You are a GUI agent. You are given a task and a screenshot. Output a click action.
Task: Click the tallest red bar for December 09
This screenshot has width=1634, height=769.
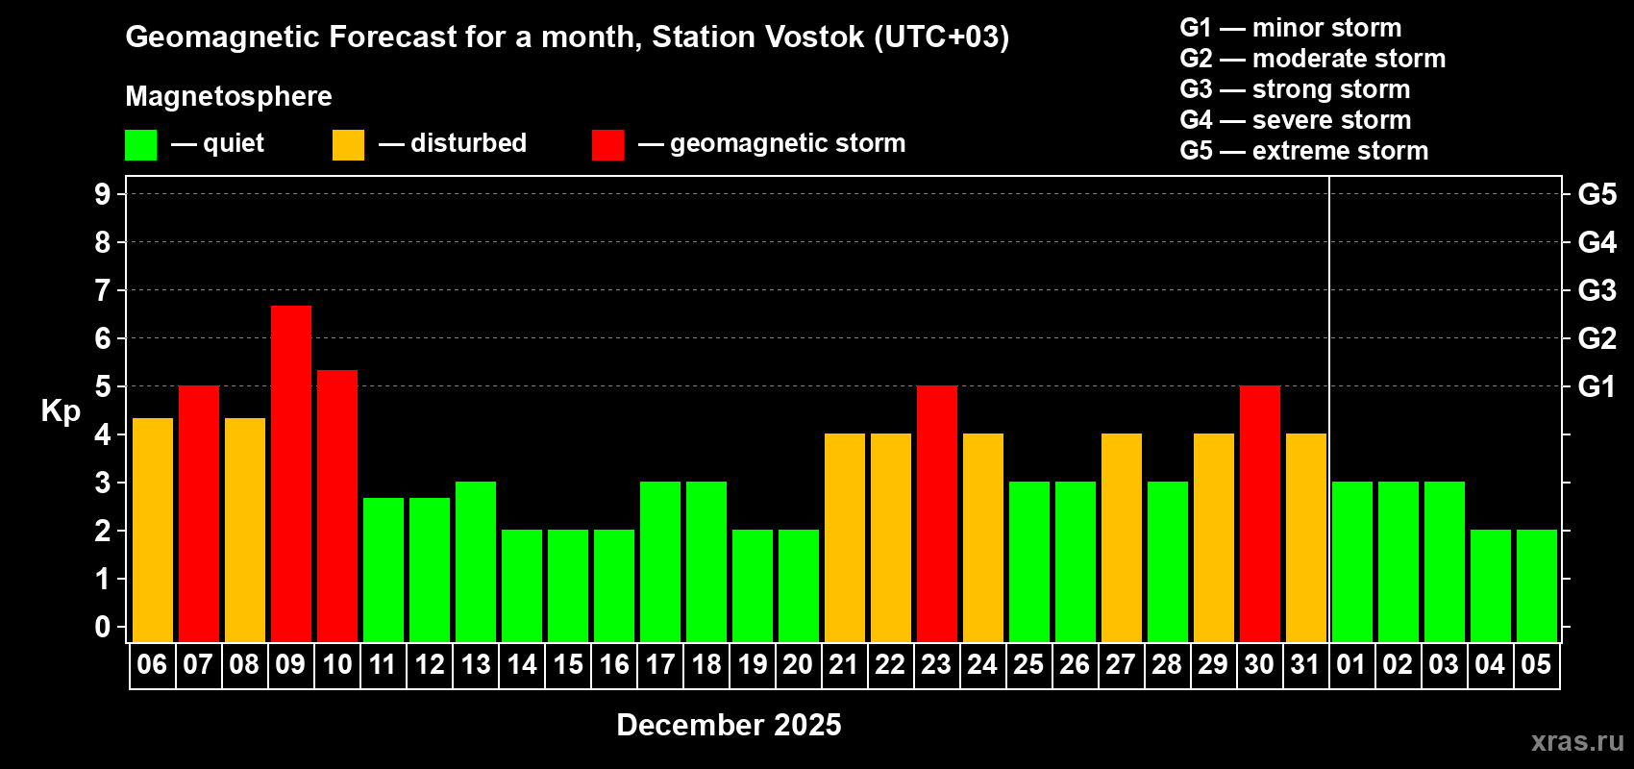coord(291,473)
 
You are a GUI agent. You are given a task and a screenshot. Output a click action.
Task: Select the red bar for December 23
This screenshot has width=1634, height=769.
coord(937,513)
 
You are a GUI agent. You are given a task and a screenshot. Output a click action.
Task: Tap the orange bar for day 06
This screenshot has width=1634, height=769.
coord(153,530)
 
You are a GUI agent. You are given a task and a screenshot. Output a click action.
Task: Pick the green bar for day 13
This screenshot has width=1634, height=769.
coord(476,561)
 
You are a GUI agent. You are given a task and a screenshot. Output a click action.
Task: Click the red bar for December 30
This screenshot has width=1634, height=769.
coord(1260,513)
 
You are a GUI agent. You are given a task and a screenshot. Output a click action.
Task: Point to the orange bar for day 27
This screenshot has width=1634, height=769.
coord(1122,537)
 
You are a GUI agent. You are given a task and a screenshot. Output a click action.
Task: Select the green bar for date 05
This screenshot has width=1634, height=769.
coord(1537,585)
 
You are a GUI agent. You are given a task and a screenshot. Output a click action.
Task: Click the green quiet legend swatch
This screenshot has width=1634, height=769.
coord(141,145)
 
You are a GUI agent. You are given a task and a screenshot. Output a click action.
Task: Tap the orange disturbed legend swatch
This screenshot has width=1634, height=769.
coord(349,145)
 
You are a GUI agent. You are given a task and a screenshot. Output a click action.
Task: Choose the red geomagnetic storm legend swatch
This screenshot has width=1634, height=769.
coord(608,145)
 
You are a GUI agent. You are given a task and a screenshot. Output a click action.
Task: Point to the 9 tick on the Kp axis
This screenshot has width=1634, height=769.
coord(103,194)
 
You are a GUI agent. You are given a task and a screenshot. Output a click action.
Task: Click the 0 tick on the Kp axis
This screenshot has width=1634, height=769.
coord(103,628)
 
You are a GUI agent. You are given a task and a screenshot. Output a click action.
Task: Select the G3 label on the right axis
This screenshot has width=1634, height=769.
coord(1597,290)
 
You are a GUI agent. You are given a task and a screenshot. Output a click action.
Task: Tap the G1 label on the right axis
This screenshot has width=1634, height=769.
coord(1597,386)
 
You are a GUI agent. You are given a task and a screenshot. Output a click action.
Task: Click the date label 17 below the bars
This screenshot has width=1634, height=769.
coord(660,664)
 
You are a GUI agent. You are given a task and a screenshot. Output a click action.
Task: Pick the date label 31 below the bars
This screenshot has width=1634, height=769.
coord(1305,664)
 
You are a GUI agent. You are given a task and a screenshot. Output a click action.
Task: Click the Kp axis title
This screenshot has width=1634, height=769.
coord(61,411)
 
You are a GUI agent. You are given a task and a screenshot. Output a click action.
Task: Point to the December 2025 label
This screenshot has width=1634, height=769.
coord(729,725)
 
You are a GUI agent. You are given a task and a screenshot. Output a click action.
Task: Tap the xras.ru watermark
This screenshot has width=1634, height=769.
coord(1576,741)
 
